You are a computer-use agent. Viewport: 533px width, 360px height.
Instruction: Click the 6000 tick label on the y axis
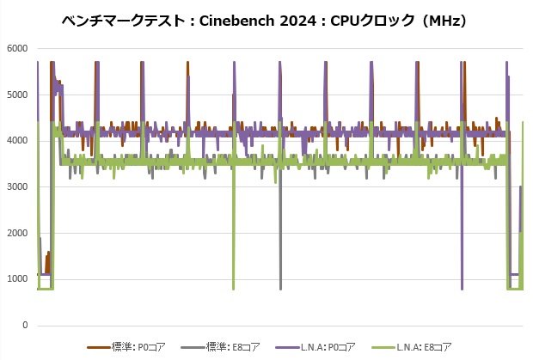[17, 48]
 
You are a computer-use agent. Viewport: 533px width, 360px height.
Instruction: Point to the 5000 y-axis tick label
[17, 95]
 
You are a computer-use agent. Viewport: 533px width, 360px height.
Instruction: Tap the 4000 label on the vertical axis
[17, 141]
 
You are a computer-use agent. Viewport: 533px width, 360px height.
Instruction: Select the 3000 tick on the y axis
[17, 187]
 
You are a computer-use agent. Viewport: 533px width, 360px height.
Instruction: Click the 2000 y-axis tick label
[17, 234]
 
